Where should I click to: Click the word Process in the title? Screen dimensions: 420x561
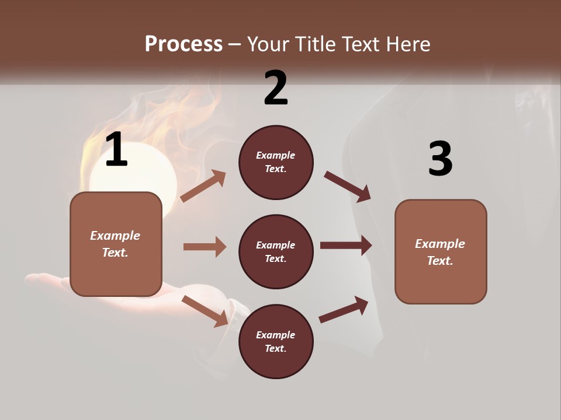[183, 44]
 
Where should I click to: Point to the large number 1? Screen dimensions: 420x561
[116, 150]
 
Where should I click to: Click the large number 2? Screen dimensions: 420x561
[276, 88]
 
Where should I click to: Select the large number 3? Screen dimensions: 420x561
[440, 159]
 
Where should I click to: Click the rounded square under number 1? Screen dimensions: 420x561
[116, 244]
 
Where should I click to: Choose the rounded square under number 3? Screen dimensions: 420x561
[441, 251]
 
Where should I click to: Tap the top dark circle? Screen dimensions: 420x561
[276, 162]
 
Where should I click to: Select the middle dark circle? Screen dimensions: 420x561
[276, 251]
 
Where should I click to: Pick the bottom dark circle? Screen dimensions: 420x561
[276, 341]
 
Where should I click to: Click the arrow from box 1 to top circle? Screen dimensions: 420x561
[203, 185]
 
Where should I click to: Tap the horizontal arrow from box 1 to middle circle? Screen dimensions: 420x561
[205, 247]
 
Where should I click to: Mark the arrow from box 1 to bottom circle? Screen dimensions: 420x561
[205, 311]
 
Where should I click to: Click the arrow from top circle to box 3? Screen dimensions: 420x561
[348, 187]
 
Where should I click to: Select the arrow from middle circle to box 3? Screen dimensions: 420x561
[346, 245]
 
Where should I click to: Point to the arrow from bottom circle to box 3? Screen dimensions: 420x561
[344, 309]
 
